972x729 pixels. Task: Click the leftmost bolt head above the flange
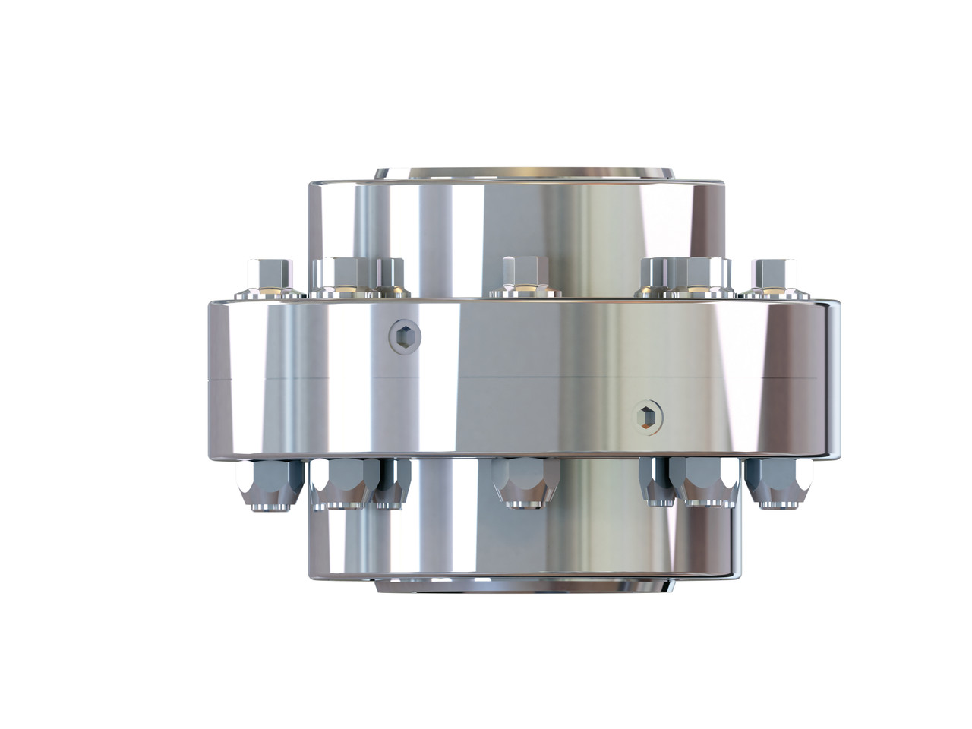270,272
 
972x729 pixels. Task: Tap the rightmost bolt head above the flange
774,272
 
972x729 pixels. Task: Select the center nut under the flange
525,481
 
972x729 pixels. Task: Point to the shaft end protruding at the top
524,172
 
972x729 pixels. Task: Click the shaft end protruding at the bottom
524,587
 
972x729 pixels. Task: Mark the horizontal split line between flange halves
524,377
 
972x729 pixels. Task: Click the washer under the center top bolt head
525,292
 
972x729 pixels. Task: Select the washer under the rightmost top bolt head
775,292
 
